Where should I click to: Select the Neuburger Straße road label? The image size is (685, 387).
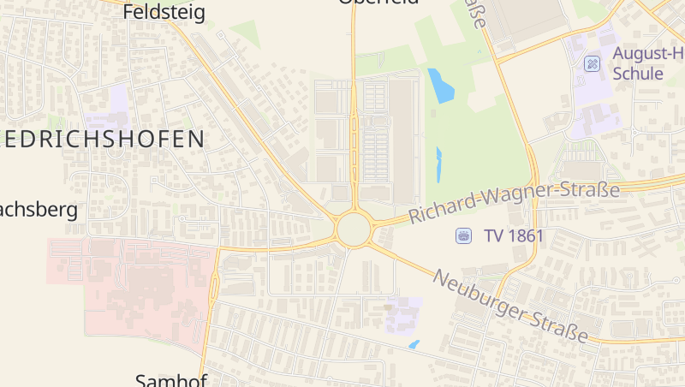pos(511,306)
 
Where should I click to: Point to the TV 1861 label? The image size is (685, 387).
pos(514,235)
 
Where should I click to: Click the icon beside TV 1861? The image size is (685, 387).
pos(463,235)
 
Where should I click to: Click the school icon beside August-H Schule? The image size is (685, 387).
pos(592,63)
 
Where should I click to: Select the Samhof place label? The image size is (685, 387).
pos(171,380)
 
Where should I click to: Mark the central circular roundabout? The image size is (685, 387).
pos(354,229)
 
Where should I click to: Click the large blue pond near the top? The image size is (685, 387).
pos(441,86)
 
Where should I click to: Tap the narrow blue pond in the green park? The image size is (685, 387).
pos(439,164)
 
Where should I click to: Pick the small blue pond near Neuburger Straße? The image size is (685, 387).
pos(414,344)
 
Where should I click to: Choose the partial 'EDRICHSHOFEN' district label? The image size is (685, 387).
pos(103,139)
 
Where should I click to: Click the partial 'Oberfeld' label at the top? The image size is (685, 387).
pos(378,3)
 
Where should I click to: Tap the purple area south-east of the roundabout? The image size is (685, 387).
pos(404,315)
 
